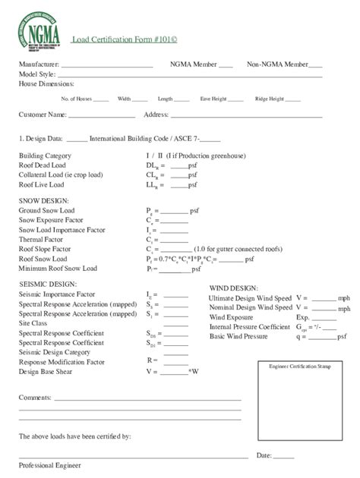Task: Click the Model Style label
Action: pos(36,74)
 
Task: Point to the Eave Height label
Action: pos(211,99)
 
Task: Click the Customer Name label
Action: pos(42,115)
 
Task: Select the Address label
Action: pos(156,115)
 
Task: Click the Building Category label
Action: pos(45,155)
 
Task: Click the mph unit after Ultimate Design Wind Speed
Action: pos(343,299)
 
